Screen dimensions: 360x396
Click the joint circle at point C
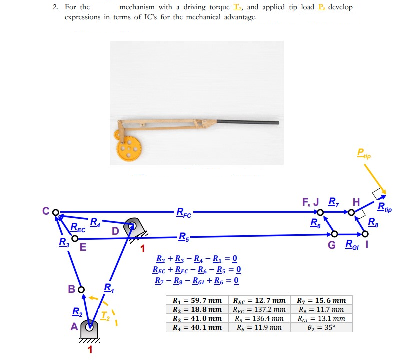pyautogui.click(x=56, y=212)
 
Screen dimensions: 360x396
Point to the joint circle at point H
pyautogui.click(x=352, y=213)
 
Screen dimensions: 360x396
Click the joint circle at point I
pyautogui.click(x=365, y=234)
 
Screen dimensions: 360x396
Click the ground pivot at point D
pyautogui.click(x=132, y=226)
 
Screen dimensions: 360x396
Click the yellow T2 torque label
pyautogui.click(x=104, y=315)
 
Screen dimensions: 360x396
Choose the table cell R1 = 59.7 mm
pyautogui.click(x=196, y=301)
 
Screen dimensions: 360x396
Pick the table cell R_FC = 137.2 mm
pyautogui.click(x=259, y=309)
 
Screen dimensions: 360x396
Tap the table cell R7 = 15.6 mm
pyautogui.click(x=321, y=301)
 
